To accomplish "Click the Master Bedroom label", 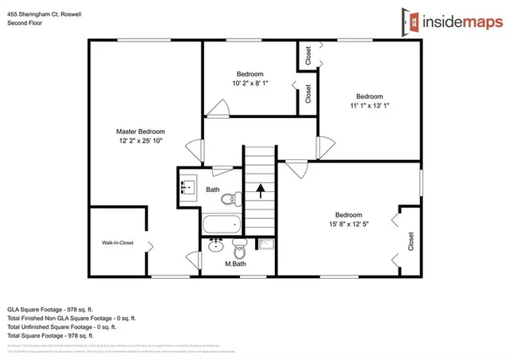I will (140, 131).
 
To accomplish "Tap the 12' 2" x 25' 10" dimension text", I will (140, 142).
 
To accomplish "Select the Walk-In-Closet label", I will (117, 243).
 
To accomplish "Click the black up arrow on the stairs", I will (259, 191).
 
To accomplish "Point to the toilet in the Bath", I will (229, 199).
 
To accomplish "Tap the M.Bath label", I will (235, 264).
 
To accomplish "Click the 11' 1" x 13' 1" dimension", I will (369, 105).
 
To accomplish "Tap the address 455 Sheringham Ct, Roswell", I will (47, 14).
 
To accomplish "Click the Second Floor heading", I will (26, 23).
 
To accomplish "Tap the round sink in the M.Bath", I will (215, 246).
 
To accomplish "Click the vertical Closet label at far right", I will (411, 241).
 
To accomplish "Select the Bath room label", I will (213, 190).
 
